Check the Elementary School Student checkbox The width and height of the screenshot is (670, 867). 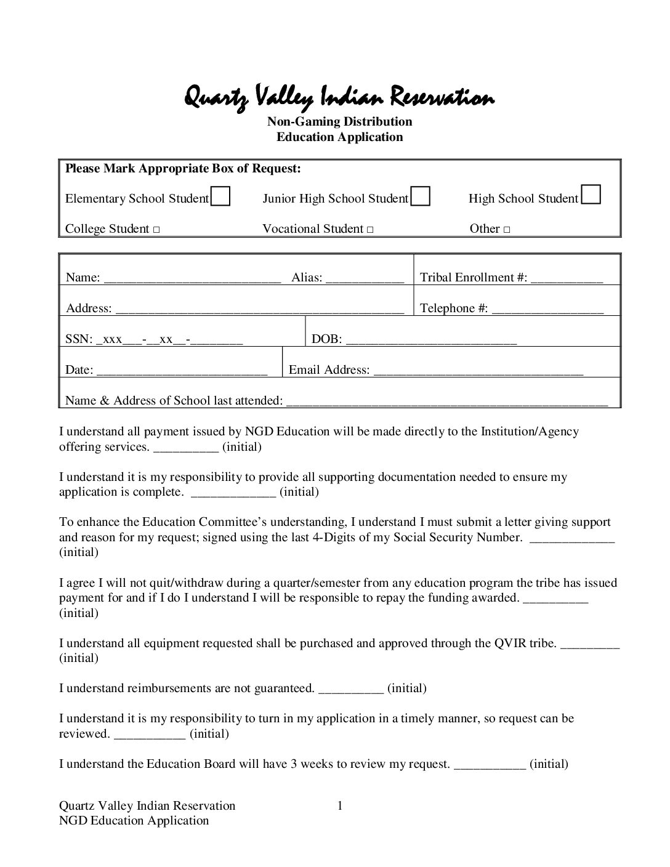click(220, 196)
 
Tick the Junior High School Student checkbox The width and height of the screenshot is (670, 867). click(420, 196)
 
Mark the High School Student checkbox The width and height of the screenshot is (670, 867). click(591, 195)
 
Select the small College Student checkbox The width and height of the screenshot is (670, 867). click(156, 230)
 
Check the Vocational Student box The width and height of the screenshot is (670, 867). click(369, 230)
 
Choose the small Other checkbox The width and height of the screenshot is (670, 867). click(506, 230)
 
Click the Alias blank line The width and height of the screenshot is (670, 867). click(365, 279)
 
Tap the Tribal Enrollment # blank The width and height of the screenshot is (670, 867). click(567, 279)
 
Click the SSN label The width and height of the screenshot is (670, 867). click(78, 339)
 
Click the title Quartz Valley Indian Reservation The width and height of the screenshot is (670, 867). click(339, 97)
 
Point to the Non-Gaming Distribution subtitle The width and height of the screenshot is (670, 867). click(339, 121)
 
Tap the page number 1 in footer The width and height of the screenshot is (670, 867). click(339, 805)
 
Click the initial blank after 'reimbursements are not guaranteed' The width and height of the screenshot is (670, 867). click(351, 690)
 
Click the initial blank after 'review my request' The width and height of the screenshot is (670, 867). click(490, 765)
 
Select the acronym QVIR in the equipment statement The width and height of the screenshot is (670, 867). click(510, 643)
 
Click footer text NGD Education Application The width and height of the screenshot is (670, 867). click(134, 820)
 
